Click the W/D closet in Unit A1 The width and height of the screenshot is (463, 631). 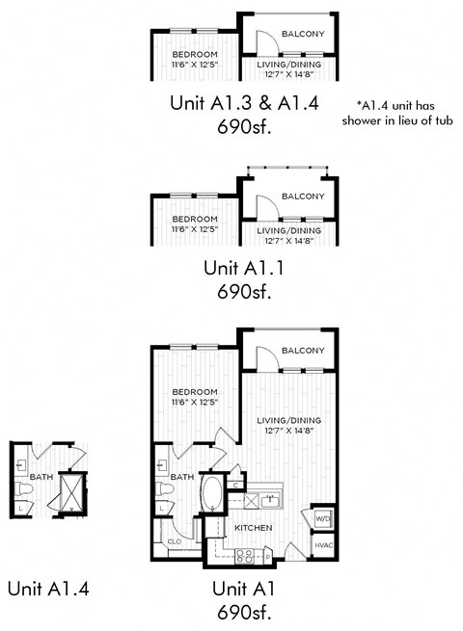click(323, 518)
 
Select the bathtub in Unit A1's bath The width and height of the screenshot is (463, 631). click(210, 493)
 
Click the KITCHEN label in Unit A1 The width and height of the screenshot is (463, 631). click(254, 529)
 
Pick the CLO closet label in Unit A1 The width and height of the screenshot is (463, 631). click(174, 541)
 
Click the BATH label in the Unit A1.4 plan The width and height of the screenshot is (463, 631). click(41, 476)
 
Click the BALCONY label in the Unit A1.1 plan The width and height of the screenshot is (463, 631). click(302, 197)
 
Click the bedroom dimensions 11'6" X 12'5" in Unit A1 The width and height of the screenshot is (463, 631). click(194, 401)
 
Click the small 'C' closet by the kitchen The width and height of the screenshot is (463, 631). click(236, 485)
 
